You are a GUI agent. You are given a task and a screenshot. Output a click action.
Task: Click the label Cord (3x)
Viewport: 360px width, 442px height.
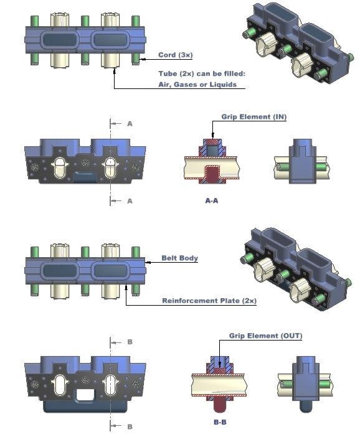pyautogui.click(x=175, y=55)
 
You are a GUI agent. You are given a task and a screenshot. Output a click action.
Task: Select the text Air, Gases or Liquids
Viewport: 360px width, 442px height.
pyautogui.click(x=197, y=84)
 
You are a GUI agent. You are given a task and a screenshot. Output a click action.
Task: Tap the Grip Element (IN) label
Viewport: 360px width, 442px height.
pyautogui.click(x=254, y=116)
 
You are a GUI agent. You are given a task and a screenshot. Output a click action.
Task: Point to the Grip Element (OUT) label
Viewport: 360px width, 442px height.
pyautogui.click(x=265, y=336)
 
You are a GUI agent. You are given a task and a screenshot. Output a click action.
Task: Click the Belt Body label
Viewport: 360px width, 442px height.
pyautogui.click(x=180, y=258)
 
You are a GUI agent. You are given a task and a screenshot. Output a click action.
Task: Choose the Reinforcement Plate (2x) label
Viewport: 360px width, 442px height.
pyautogui.click(x=209, y=301)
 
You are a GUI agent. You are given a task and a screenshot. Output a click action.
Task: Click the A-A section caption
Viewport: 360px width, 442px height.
pyautogui.click(x=212, y=200)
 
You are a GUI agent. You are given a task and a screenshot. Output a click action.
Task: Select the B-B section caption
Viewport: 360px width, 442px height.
pyautogui.click(x=220, y=422)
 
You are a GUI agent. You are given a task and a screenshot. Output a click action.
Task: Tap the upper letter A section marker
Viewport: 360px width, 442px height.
pyautogui.click(x=130, y=123)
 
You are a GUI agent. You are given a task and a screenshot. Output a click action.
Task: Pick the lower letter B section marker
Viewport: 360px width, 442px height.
pyautogui.click(x=130, y=426)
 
